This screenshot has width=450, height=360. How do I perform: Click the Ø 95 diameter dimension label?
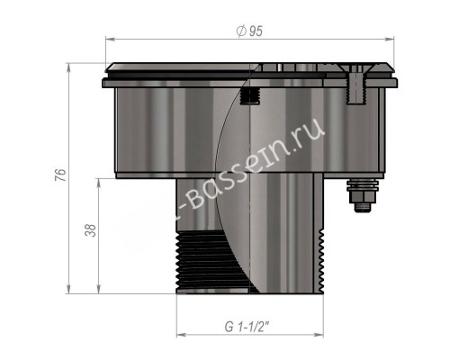click(x=249, y=32)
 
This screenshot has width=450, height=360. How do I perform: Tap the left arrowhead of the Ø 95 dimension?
click(x=111, y=40)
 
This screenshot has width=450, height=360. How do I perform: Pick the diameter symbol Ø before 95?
click(x=240, y=32)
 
